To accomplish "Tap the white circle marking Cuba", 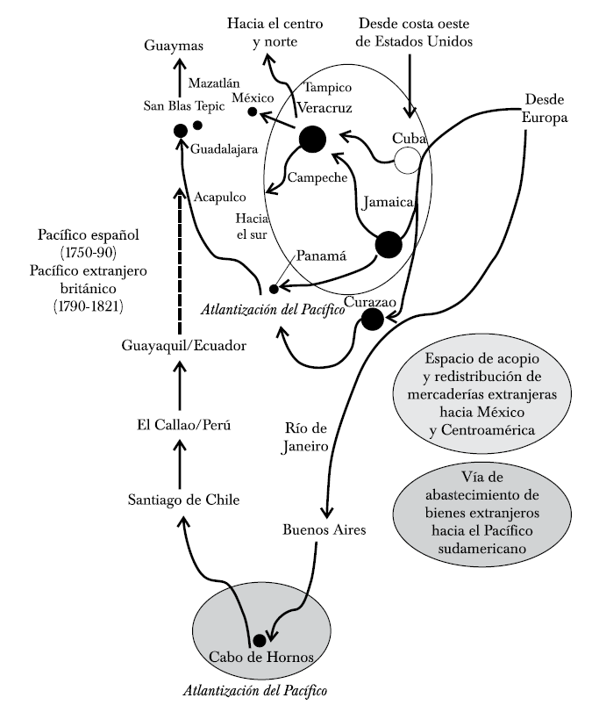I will coord(407,160).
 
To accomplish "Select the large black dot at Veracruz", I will coord(311,139).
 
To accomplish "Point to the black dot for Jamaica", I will coord(388,245).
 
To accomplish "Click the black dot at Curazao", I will coord(372,320).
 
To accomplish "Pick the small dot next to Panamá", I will coord(274,288).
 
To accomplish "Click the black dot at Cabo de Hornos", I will coord(259,640).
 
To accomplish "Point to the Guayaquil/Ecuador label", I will coord(184,346).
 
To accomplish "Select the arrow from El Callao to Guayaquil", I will coord(181,384).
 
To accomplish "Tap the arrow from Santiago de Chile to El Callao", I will coord(181,460).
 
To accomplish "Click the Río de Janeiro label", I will coord(306,437).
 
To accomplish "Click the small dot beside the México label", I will coord(253,112).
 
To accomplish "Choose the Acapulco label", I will coord(220,198).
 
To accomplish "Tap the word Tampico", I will coord(327,88).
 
